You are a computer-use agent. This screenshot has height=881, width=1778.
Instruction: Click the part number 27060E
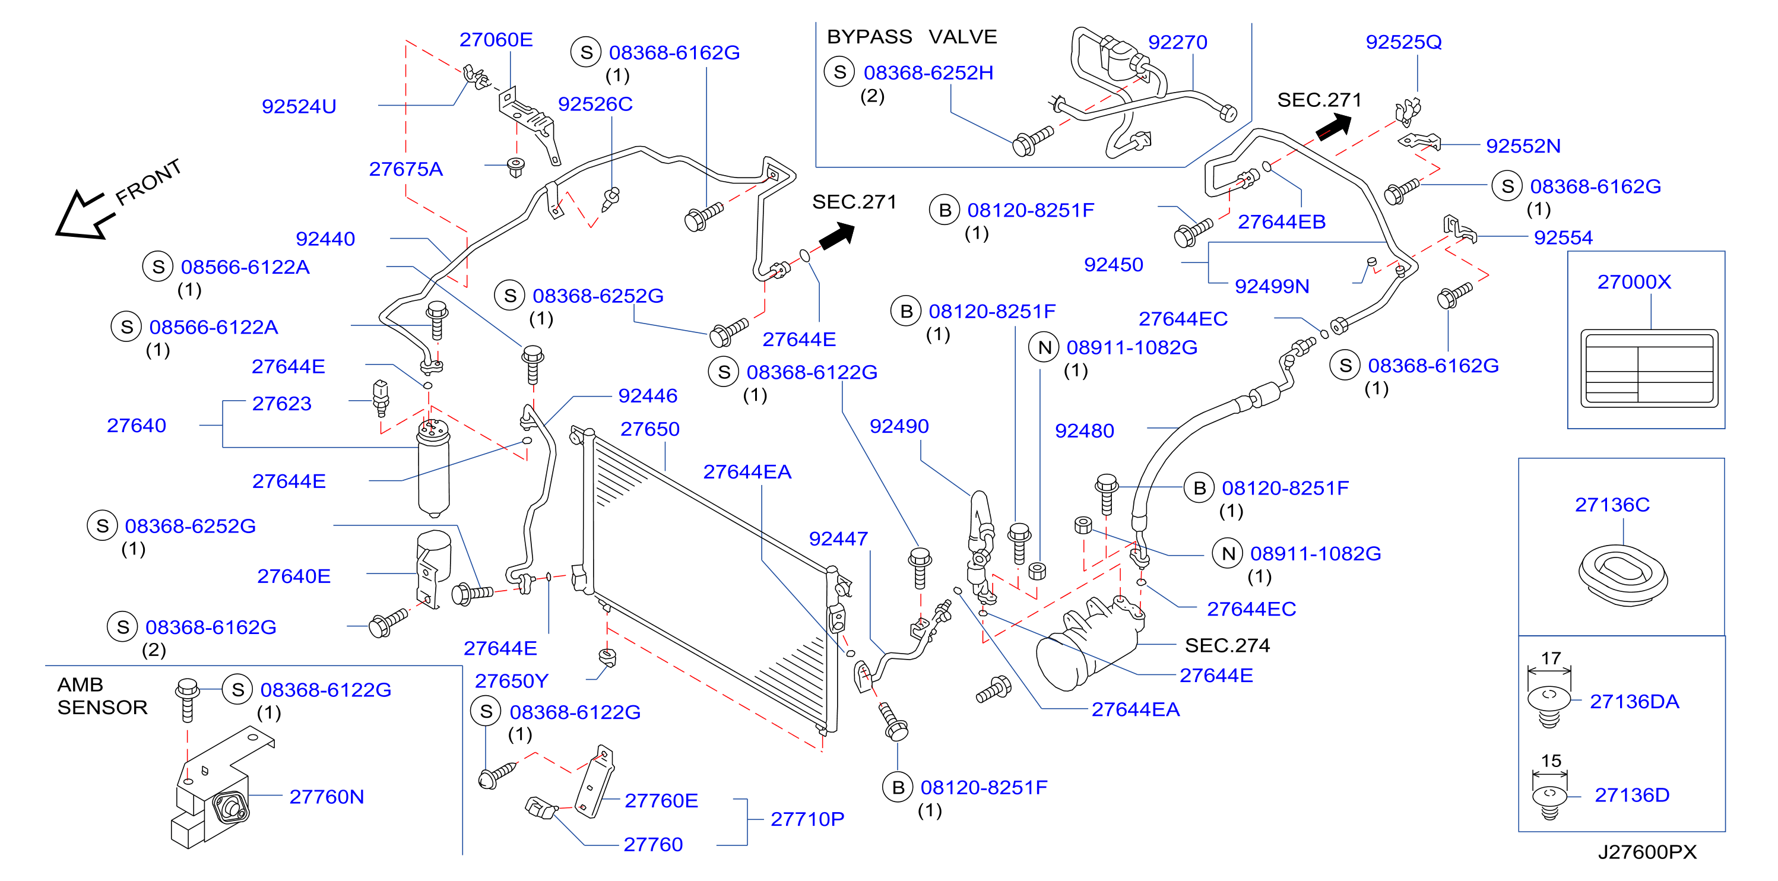[x=496, y=40]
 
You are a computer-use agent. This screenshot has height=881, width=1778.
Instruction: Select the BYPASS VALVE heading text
[x=911, y=37]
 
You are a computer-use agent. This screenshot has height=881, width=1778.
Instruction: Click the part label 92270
[x=1177, y=42]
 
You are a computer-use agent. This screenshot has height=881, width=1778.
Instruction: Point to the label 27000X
[x=1634, y=282]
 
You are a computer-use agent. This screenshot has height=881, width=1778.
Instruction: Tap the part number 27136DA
[x=1634, y=702]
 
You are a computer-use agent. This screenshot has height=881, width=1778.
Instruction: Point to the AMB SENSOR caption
[x=102, y=696]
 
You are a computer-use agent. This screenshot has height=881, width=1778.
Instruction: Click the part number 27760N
[x=327, y=797]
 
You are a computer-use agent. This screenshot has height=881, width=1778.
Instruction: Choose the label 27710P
[x=807, y=819]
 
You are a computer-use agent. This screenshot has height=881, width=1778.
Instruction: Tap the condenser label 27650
[x=649, y=429]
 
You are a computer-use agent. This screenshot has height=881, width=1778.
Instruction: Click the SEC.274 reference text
[x=1226, y=645]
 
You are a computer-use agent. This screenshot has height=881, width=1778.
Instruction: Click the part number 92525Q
[x=1403, y=42]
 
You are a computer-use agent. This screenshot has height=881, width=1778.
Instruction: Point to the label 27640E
[x=293, y=576]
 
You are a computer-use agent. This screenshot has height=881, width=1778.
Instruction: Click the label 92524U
[x=299, y=106]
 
